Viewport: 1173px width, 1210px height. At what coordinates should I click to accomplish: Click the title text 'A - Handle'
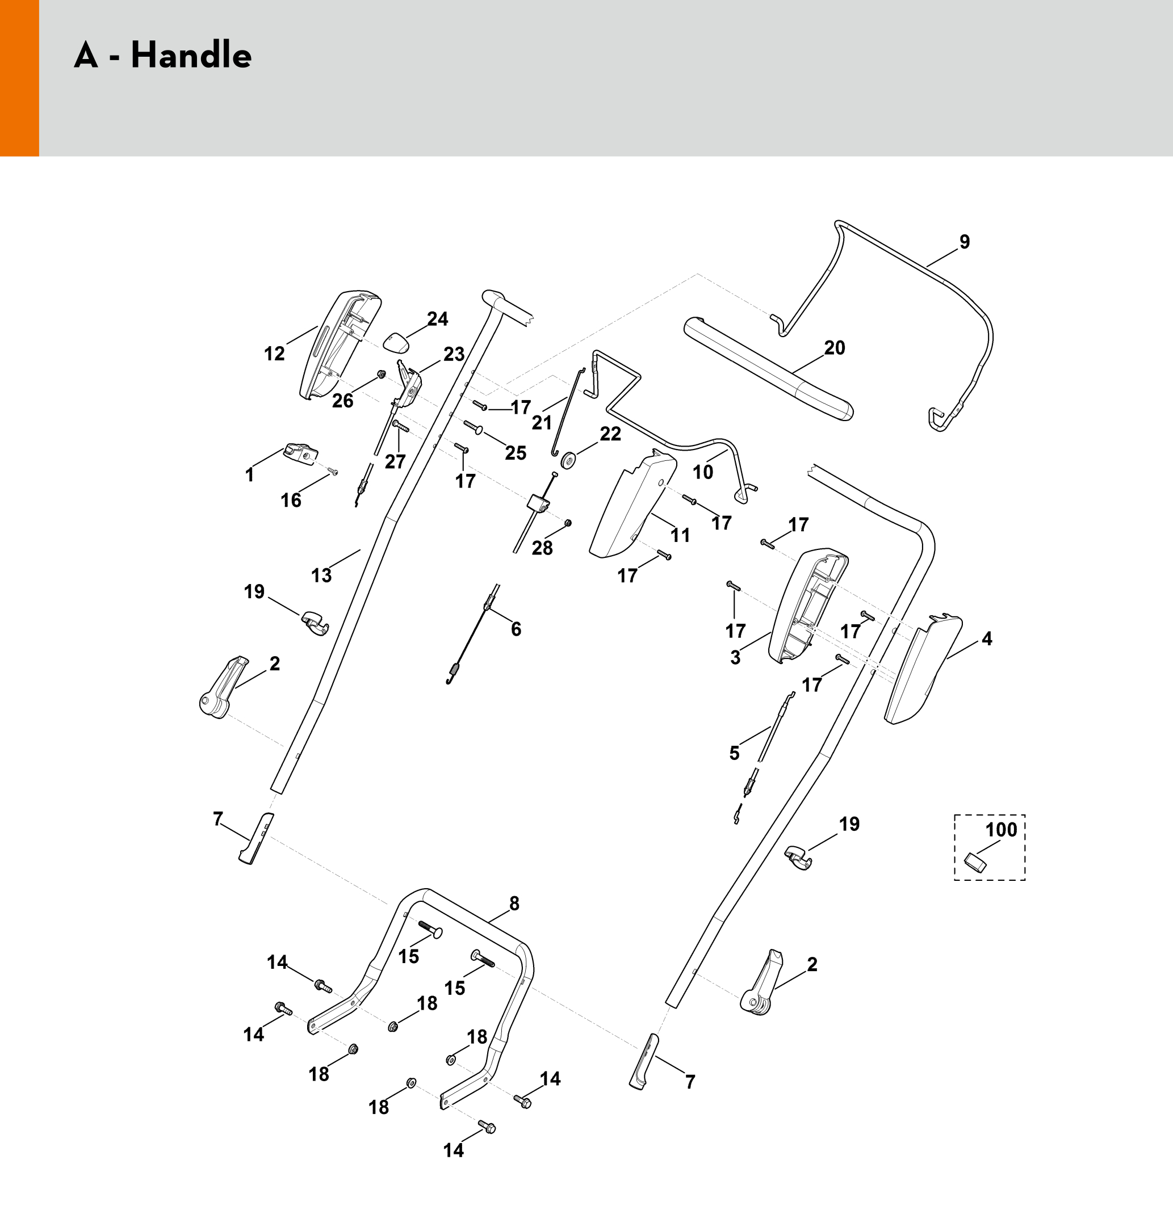click(x=163, y=54)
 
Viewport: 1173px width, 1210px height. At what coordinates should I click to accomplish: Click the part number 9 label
click(x=964, y=242)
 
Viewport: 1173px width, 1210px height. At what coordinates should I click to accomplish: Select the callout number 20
click(x=835, y=348)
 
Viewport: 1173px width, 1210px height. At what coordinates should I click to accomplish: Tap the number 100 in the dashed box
click(x=1002, y=829)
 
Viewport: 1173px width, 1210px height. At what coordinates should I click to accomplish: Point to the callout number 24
click(x=437, y=319)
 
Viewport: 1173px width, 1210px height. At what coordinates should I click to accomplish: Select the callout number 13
click(x=321, y=575)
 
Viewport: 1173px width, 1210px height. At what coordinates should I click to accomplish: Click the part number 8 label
click(x=514, y=903)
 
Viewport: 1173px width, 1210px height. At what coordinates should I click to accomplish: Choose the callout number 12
click(x=274, y=354)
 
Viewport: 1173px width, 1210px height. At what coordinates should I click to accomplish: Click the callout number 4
click(x=986, y=639)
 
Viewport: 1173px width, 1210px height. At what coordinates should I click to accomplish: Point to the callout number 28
click(x=542, y=548)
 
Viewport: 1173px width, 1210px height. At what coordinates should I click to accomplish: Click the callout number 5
click(x=734, y=753)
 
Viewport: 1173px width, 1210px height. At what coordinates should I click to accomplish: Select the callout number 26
click(x=343, y=401)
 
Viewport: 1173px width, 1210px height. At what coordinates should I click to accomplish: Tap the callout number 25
click(x=516, y=453)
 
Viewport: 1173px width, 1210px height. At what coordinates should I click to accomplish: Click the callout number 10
click(x=703, y=472)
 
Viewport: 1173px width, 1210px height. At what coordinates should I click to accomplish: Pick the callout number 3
click(x=735, y=657)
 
